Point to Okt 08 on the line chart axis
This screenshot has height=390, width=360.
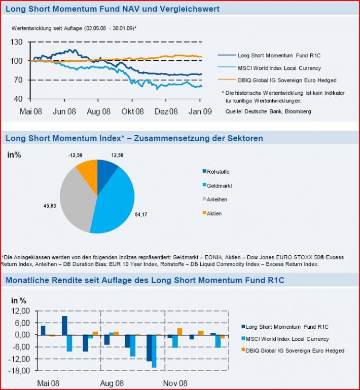pyautogui.click(x=132, y=111)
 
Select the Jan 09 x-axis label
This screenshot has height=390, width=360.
pyautogui.click(x=200, y=111)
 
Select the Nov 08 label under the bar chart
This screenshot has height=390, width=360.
pyautogui.click(x=175, y=383)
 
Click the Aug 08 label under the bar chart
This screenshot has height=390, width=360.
pyautogui.click(x=112, y=383)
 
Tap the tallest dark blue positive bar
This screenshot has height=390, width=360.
pyautogui.click(x=65, y=325)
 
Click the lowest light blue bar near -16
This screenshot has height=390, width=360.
pyautogui.click(x=154, y=351)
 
